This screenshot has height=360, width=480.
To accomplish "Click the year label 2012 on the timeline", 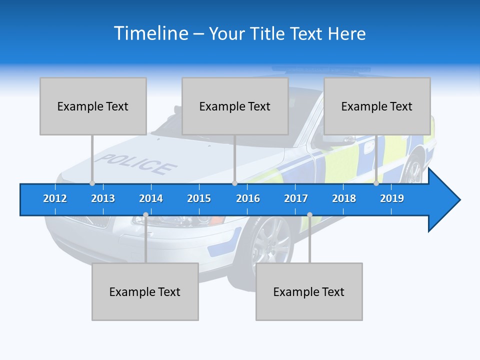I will pyautogui.click(x=55, y=198).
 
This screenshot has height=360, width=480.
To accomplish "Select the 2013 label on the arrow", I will pyautogui.click(x=103, y=198).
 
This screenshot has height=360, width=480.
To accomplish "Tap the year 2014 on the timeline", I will pyautogui.click(x=151, y=198).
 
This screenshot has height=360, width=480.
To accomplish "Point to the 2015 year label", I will pyautogui.click(x=199, y=198).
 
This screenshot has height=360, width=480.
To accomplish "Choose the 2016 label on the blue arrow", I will pyautogui.click(x=248, y=198).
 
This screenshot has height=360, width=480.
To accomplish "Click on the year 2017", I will pyautogui.click(x=296, y=198).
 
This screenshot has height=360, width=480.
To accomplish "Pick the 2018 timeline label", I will pyautogui.click(x=344, y=198).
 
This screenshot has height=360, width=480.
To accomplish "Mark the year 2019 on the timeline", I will pyautogui.click(x=392, y=198).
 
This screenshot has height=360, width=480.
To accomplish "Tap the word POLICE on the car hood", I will pyautogui.click(x=135, y=164).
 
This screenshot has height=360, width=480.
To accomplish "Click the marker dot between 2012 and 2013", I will pyautogui.click(x=92, y=183).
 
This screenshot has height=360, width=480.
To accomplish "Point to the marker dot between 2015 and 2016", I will pyautogui.click(x=234, y=183).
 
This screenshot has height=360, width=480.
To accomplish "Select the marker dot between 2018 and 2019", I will pyautogui.click(x=376, y=183).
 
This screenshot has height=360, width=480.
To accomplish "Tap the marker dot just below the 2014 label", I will pyautogui.click(x=145, y=215).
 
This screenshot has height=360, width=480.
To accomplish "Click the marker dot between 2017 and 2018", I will pyautogui.click(x=309, y=215).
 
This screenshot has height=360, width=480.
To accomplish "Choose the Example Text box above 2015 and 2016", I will pyautogui.click(x=235, y=106).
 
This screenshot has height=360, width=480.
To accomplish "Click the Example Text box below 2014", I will pyautogui.click(x=145, y=291).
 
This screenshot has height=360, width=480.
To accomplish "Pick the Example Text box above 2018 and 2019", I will pyautogui.click(x=377, y=106).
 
